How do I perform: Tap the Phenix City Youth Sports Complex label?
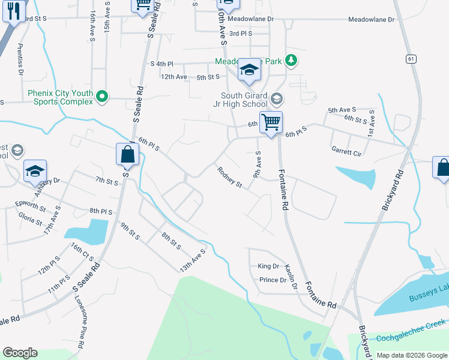point(60,97)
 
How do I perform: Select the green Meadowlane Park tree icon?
point(291,60)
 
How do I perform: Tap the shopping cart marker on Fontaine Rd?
point(271,123)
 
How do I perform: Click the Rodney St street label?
point(229,177)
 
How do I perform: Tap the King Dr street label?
point(268,266)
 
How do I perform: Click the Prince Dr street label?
point(273,280)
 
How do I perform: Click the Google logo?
point(20,352)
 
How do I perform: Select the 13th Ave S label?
point(193,260)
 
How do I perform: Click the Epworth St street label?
point(31,206)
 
